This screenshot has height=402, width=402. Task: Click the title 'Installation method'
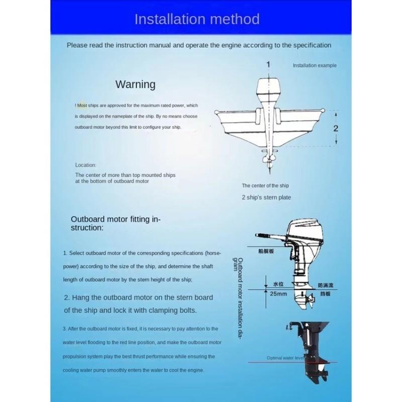pyautogui.click(x=196, y=20)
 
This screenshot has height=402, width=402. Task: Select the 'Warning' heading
pyautogui.click(x=135, y=84)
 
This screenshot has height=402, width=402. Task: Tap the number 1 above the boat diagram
pyautogui.click(x=268, y=64)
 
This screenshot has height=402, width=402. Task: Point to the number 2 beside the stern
pyautogui.click(x=336, y=128)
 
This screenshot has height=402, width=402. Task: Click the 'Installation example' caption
pyautogui.click(x=315, y=65)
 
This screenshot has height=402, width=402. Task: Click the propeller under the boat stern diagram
pyautogui.click(x=268, y=161)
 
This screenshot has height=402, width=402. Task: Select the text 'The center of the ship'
pyautogui.click(x=265, y=185)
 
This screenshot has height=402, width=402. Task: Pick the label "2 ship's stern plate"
pyautogui.click(x=266, y=197)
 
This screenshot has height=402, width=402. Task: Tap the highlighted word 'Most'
pyautogui.click(x=82, y=106)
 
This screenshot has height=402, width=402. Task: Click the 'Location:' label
pyautogui.click(x=85, y=165)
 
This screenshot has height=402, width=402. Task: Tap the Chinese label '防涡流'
pyautogui.click(x=325, y=285)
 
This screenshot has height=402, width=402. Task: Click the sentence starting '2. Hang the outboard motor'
pyautogui.click(x=138, y=304)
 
